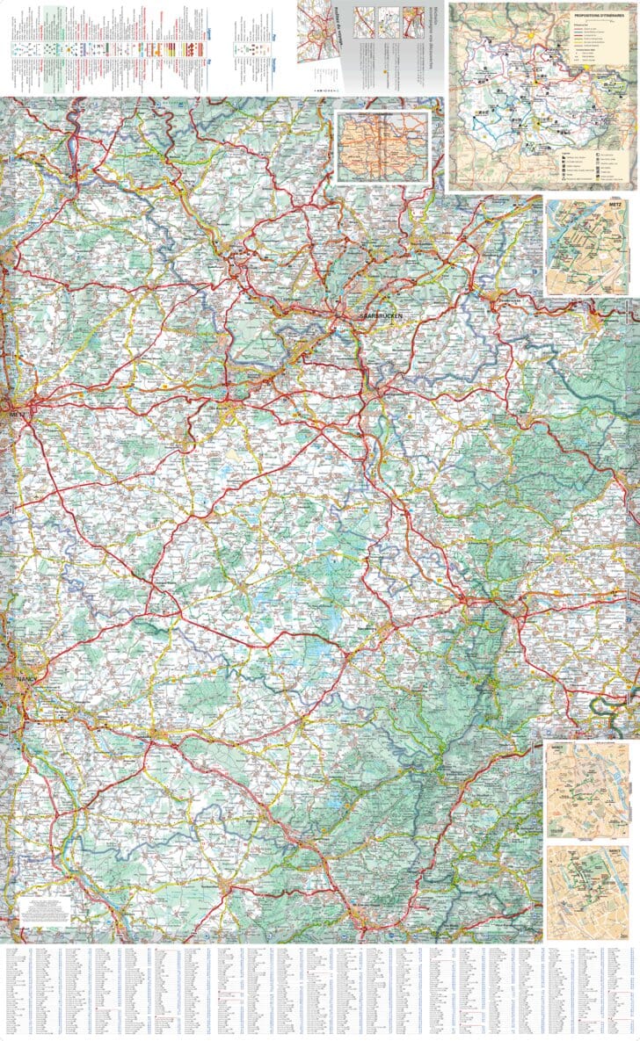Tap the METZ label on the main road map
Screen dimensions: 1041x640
pyautogui.click(x=15, y=411)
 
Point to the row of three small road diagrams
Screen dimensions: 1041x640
pyautogui.click(x=376, y=19)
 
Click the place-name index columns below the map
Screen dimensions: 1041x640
pyautogui.click(x=320, y=991)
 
